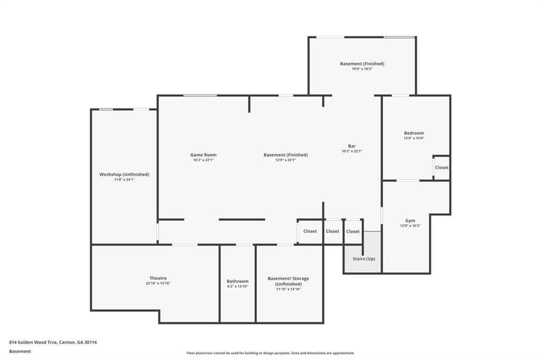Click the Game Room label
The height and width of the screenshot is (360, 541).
click(203, 155)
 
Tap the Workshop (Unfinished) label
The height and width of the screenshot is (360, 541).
click(124, 175)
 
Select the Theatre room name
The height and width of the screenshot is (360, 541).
click(158, 278)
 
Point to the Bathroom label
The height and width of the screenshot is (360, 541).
click(237, 281)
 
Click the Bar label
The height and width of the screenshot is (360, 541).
click(351, 146)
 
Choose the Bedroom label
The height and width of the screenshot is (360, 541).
click(414, 133)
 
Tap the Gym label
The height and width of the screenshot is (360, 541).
click(410, 220)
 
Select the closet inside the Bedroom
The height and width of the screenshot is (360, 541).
click(442, 167)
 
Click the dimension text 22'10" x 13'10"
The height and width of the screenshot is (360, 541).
click(158, 283)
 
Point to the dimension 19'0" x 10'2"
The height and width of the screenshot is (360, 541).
click(362, 69)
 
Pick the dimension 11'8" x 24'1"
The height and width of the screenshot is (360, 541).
click(124, 179)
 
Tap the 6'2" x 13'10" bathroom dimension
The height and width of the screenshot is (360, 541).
click(237, 286)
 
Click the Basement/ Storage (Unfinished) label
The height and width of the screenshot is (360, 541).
click(288, 281)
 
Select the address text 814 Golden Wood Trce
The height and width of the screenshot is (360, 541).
click(33, 343)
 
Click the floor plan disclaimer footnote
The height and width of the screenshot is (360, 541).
click(270, 353)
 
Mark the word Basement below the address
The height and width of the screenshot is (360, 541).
click(20, 352)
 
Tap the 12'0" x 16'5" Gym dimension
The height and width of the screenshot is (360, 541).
click(410, 226)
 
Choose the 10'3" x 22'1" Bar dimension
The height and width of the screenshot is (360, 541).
click(351, 151)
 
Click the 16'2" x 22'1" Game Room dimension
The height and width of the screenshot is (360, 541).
click(203, 160)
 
